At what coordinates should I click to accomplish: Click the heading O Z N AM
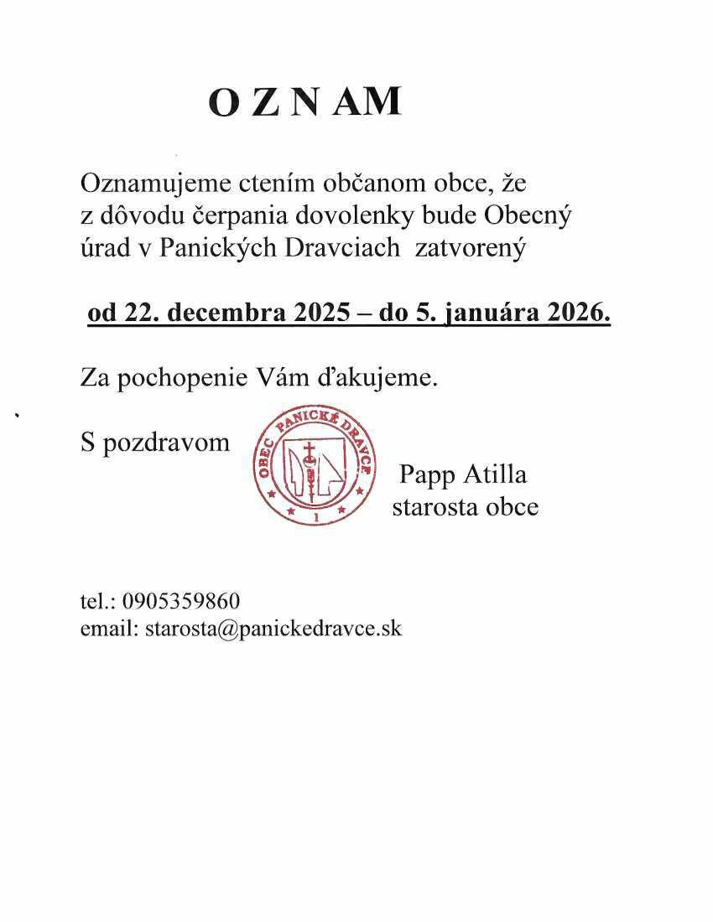coord(304,102)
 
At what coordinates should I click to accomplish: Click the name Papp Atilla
coord(463,475)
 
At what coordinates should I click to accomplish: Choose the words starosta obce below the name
coord(465,507)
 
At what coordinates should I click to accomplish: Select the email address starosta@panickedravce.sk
coord(273,629)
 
